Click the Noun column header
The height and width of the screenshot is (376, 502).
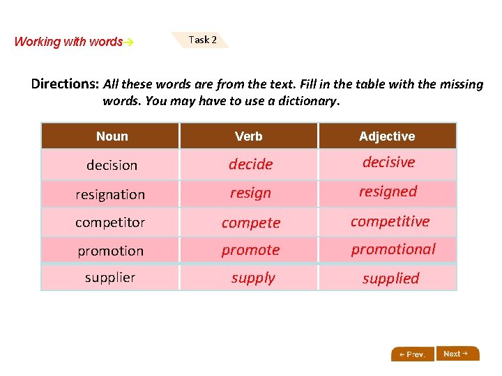112,136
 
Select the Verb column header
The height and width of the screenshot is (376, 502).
249,136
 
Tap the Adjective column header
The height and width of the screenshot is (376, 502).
387,136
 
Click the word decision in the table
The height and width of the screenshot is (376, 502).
112,166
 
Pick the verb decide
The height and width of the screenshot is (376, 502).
250,164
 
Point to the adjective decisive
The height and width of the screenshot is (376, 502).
388,162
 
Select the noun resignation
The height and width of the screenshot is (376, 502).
110,195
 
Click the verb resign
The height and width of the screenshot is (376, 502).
250,193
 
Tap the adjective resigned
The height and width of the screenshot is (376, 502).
388,191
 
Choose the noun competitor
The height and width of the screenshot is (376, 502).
110,223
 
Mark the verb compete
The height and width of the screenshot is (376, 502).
250,223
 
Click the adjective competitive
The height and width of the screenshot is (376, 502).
390,221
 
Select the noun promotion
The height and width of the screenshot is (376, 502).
110,251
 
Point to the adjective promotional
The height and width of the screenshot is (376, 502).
393,249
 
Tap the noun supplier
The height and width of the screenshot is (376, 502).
110,278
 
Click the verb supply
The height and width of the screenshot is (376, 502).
253,278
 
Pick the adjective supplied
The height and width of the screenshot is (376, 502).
390,279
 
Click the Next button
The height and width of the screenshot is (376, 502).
457,354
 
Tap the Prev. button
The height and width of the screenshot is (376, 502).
413,354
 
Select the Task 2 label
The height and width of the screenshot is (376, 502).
202,40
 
